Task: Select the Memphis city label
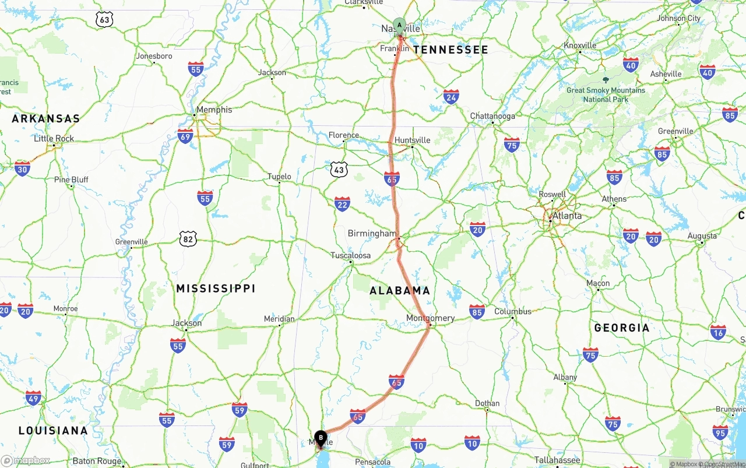coord(214,110)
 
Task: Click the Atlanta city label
coord(566,216)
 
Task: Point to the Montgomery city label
coord(430,318)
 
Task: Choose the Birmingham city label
coord(372,234)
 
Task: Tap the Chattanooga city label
coord(492,116)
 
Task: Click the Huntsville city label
coord(412,140)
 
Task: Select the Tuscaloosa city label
coord(350,255)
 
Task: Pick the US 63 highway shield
coord(104,20)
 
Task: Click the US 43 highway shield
coord(339,170)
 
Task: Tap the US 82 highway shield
coord(188,238)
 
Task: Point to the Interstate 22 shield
coord(342,204)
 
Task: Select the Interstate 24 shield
coord(451,97)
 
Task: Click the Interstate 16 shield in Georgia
coord(718,333)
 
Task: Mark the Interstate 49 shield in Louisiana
coord(33,399)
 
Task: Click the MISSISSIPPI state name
coord(216,288)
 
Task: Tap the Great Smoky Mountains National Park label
coord(606,94)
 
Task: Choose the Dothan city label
coord(487,403)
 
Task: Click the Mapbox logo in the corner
coord(26,460)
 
